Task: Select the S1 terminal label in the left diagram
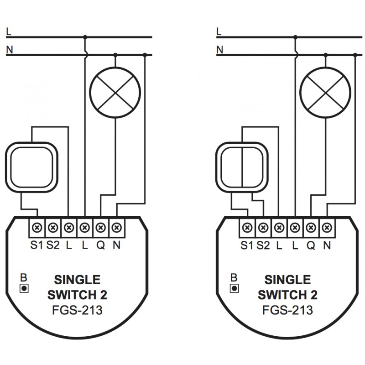(x=36, y=245)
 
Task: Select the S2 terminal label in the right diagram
(x=263, y=245)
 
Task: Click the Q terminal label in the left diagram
(x=100, y=245)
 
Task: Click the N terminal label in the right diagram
(x=327, y=245)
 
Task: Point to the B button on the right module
(x=234, y=288)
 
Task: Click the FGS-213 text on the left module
(x=77, y=311)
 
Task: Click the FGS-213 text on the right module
(x=287, y=311)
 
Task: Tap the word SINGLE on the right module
(x=287, y=279)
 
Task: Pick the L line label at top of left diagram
(x=9, y=31)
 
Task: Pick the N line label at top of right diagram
(x=219, y=49)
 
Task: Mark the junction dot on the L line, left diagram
(x=85, y=37)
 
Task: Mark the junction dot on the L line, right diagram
(x=295, y=37)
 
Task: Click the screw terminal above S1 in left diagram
(x=36, y=226)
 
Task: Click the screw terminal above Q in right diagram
(x=311, y=226)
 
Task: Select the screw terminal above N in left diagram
(x=117, y=226)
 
